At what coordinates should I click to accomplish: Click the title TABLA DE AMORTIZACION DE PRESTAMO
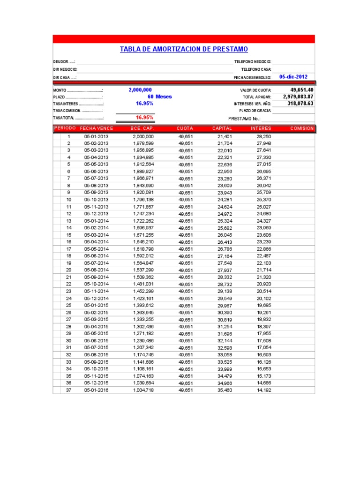click(x=184, y=49)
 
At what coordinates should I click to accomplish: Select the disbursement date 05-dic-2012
click(x=293, y=76)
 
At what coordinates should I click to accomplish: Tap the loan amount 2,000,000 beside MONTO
click(x=140, y=90)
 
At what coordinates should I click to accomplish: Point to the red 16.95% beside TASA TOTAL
click(x=144, y=118)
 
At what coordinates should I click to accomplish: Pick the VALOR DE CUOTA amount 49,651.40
click(x=302, y=90)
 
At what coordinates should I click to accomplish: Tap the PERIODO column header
click(x=65, y=128)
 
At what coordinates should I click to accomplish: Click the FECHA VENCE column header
click(x=96, y=128)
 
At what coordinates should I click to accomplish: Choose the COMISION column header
click(x=302, y=128)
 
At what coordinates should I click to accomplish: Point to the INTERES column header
click(x=261, y=128)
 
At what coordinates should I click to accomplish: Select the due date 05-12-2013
click(x=96, y=214)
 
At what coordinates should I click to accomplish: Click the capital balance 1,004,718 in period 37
click(x=143, y=390)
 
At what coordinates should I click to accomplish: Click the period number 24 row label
click(x=69, y=298)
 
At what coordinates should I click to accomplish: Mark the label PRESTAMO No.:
click(x=244, y=119)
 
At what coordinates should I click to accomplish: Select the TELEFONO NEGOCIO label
click(x=253, y=62)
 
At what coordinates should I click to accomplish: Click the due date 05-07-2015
click(x=96, y=348)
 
